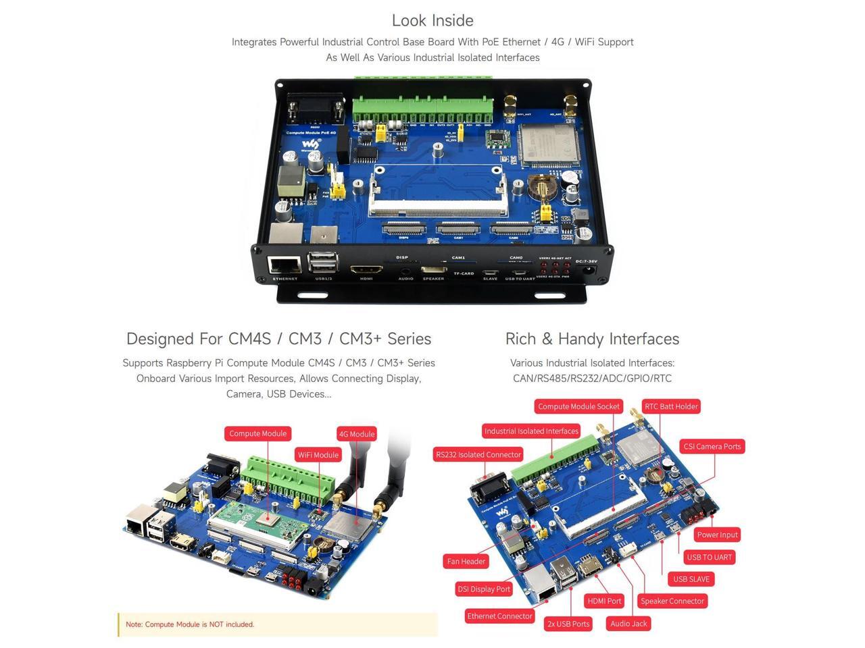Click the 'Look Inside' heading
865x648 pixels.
click(432, 20)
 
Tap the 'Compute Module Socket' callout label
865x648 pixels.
click(578, 406)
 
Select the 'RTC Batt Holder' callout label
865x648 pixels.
click(670, 406)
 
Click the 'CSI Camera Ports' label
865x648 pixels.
click(712, 446)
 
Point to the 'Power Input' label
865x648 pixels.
click(717, 535)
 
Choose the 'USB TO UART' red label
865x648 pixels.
click(709, 557)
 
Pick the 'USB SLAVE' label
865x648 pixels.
click(691, 579)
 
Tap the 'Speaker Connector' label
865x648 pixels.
click(672, 601)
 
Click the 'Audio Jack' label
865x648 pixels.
click(628, 624)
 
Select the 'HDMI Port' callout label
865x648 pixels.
click(604, 601)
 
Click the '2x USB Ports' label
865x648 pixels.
click(568, 624)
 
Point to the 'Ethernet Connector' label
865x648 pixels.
click(499, 616)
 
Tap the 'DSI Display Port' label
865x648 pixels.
click(484, 589)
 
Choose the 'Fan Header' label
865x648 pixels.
click(466, 561)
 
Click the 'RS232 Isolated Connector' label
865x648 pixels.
click(478, 454)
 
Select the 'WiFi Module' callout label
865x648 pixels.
click(318, 455)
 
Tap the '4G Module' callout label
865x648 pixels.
click(356, 434)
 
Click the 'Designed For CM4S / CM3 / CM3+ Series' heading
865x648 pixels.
click(278, 339)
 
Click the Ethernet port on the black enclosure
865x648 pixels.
click(285, 266)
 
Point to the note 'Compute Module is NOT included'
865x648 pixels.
click(190, 624)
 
